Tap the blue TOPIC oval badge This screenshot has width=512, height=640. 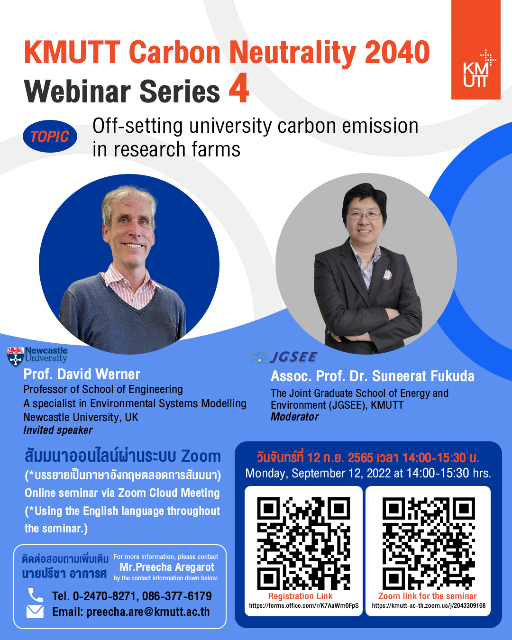50,136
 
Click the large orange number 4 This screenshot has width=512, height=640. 238,89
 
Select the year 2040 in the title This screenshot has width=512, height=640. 397,52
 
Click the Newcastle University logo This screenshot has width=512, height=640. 37,357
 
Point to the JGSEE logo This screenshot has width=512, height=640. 283,357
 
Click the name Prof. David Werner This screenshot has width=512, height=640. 82,374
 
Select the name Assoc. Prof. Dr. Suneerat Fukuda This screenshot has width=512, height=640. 373,376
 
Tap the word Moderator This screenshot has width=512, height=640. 294,417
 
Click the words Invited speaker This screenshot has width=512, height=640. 58,430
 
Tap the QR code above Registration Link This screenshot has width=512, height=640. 303,543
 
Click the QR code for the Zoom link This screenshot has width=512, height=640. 429,543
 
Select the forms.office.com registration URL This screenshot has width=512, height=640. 304,606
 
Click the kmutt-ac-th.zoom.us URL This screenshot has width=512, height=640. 429,606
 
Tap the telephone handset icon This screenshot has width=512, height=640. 36,595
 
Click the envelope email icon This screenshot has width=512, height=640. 35,612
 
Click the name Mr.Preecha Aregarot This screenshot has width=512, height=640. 167,567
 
